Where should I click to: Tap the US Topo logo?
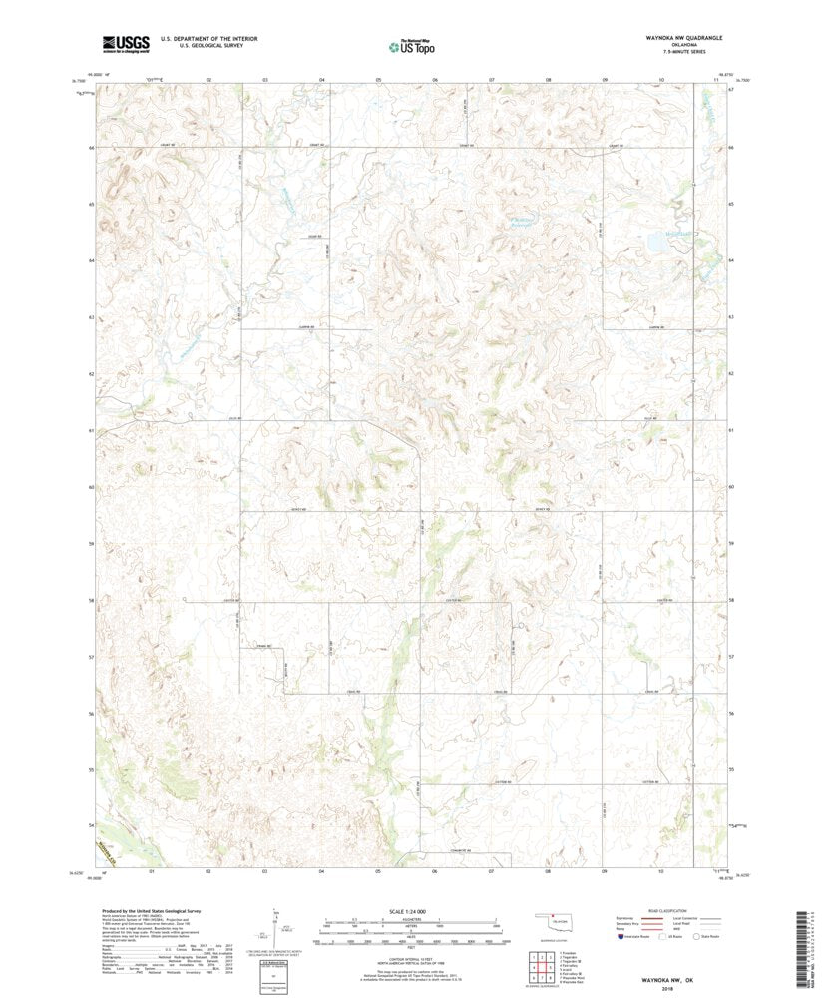412,45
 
